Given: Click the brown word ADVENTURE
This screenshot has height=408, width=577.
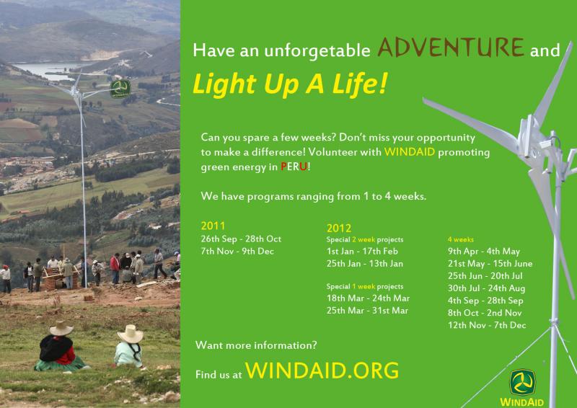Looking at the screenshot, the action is [451, 48].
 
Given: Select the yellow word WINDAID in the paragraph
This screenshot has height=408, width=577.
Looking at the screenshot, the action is [410, 152].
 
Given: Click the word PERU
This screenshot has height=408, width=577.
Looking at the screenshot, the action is [294, 167].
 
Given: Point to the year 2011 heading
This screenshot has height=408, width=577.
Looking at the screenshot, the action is [213, 226].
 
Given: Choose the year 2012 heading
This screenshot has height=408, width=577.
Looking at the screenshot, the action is [338, 228].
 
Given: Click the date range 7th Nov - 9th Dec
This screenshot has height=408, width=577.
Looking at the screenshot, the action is [237, 252].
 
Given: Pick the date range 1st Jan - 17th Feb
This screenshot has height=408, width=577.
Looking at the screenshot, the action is [362, 252].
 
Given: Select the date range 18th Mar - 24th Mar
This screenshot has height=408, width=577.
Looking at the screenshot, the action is [368, 298].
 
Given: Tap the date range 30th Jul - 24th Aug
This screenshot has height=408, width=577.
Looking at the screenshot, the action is [486, 288].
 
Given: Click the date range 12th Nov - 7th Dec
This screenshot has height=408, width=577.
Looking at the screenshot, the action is [487, 325].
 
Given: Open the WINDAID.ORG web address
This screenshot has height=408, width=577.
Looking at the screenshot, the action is [322, 370].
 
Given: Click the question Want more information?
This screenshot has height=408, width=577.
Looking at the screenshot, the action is [256, 345].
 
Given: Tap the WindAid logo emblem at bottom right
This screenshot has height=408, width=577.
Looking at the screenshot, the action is [522, 383].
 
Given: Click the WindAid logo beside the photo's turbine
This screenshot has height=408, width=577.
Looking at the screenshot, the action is [120, 89].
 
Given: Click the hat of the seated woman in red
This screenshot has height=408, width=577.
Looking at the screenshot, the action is [61, 328].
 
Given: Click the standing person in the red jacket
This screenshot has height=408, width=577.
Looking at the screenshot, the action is [115, 268].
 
